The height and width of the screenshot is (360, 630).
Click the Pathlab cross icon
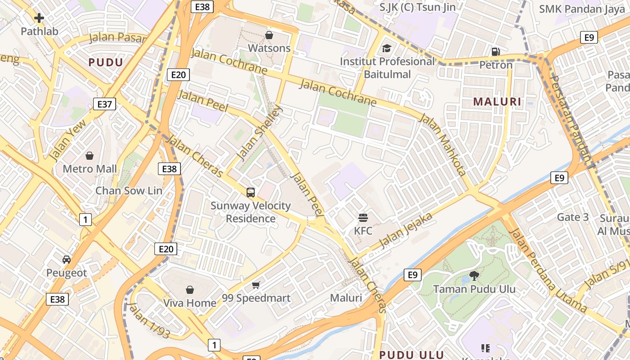pos(39,18)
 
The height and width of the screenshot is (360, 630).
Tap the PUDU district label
pos(106,63)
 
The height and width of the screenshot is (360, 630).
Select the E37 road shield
pos(104,104)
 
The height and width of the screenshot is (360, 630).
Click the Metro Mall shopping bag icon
pos(90,156)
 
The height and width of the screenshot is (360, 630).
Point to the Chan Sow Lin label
pos(129,190)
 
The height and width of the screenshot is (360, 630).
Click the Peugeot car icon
pos(67,260)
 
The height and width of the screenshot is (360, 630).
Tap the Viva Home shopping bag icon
pos(190,290)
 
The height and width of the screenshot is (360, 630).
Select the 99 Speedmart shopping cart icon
pos(256,285)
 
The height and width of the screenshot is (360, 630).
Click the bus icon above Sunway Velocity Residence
pos(251,193)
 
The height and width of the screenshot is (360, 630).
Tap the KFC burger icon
pos(363,218)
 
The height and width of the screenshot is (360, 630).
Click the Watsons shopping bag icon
pos(269,35)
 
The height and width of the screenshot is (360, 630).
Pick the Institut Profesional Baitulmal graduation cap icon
pos(387,48)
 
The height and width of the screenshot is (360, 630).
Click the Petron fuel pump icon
pos(495,52)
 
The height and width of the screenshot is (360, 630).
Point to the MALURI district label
pos(497,102)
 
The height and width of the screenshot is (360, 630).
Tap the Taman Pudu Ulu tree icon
pos(474,275)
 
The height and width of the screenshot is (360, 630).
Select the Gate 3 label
pos(573,217)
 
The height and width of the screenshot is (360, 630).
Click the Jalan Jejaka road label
pos(406,230)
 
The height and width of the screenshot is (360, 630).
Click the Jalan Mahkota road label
pos(443,144)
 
